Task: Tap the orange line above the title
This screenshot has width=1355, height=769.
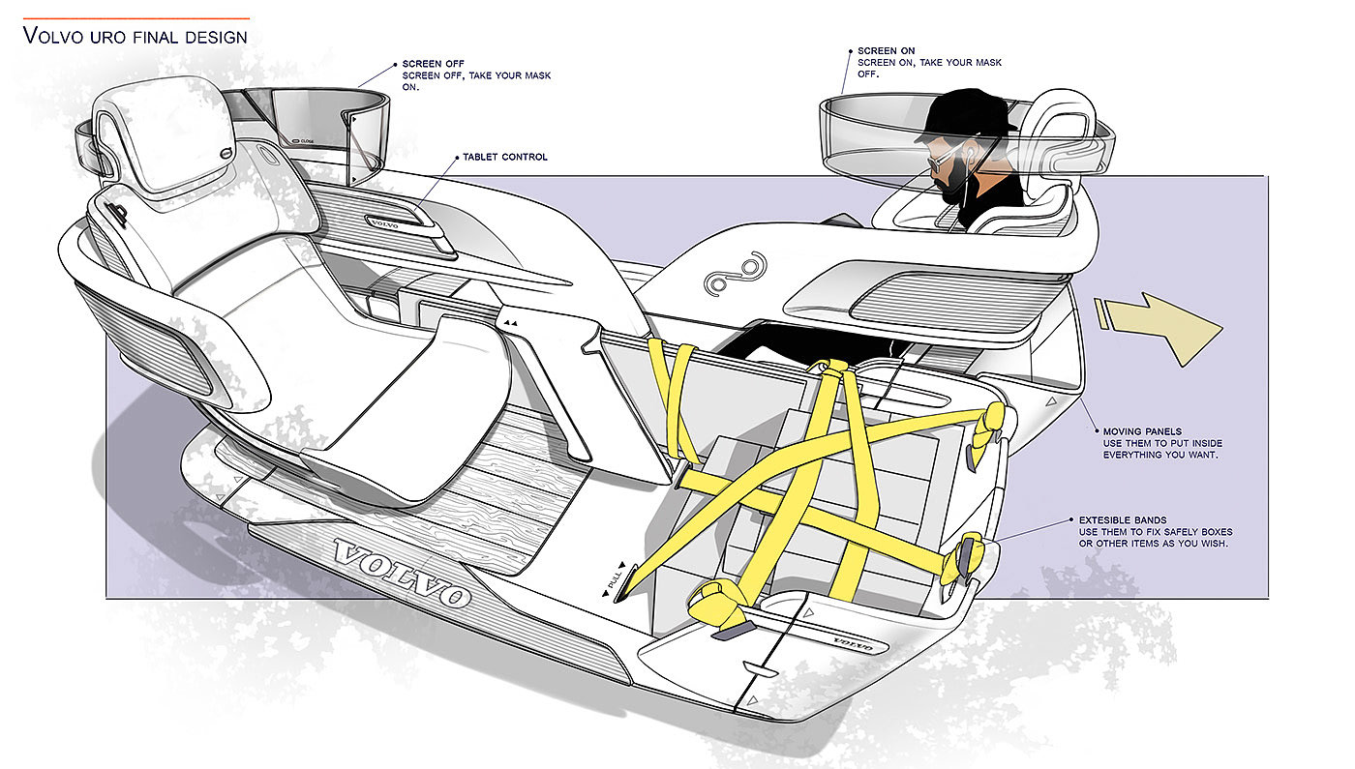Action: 135,17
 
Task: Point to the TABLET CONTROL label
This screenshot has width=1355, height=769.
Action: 505,157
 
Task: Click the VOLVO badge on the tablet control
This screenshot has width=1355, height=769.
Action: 388,221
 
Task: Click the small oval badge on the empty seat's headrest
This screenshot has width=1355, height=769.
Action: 226,151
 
